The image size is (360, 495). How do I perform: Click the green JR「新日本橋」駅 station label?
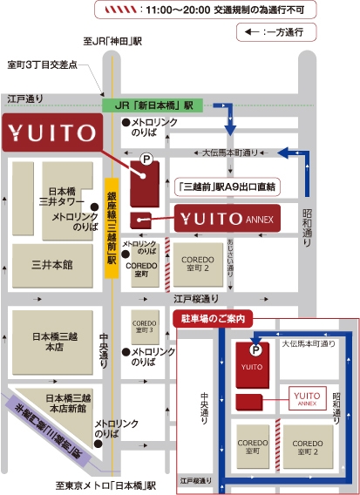[x=153, y=105]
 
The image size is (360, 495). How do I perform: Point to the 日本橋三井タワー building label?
[x=63, y=196]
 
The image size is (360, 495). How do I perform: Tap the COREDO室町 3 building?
[x=144, y=328]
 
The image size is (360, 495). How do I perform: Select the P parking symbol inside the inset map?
[x=255, y=349]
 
